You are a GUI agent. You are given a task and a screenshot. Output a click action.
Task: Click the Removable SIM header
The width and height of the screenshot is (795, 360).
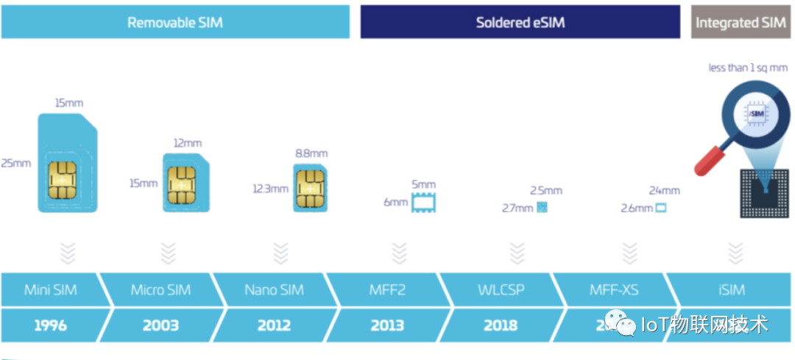[x=175, y=22]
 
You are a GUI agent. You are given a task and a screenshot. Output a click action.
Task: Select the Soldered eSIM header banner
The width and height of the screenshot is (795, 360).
[x=520, y=22]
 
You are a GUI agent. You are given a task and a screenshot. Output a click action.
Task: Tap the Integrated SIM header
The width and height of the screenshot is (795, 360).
[x=741, y=22]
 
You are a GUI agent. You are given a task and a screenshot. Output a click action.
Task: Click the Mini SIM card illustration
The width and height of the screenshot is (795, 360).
[x=68, y=163]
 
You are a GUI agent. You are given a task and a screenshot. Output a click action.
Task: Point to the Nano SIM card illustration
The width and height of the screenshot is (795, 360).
[x=311, y=188]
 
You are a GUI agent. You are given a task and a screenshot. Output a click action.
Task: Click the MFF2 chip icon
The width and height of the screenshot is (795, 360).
[x=423, y=202]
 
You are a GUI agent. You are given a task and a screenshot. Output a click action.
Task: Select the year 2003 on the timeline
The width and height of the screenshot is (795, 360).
[x=160, y=325]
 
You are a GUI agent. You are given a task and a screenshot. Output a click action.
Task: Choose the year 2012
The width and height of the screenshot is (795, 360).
[x=274, y=325]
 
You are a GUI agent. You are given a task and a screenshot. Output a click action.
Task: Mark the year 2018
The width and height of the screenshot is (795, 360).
[x=501, y=325]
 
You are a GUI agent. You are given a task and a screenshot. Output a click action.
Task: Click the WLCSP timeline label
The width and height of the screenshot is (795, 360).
[x=501, y=289]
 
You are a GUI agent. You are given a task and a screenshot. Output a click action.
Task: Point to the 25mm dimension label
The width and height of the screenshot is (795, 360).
[x=16, y=163]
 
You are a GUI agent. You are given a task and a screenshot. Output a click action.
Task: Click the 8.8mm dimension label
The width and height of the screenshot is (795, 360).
[x=311, y=153]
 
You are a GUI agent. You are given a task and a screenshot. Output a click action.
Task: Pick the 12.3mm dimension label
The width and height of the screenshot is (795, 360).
[x=270, y=188]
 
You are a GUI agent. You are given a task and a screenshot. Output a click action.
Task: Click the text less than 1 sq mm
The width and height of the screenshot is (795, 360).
[x=746, y=68]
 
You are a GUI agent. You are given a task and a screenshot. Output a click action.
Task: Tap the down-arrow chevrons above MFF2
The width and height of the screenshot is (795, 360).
[x=399, y=253]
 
